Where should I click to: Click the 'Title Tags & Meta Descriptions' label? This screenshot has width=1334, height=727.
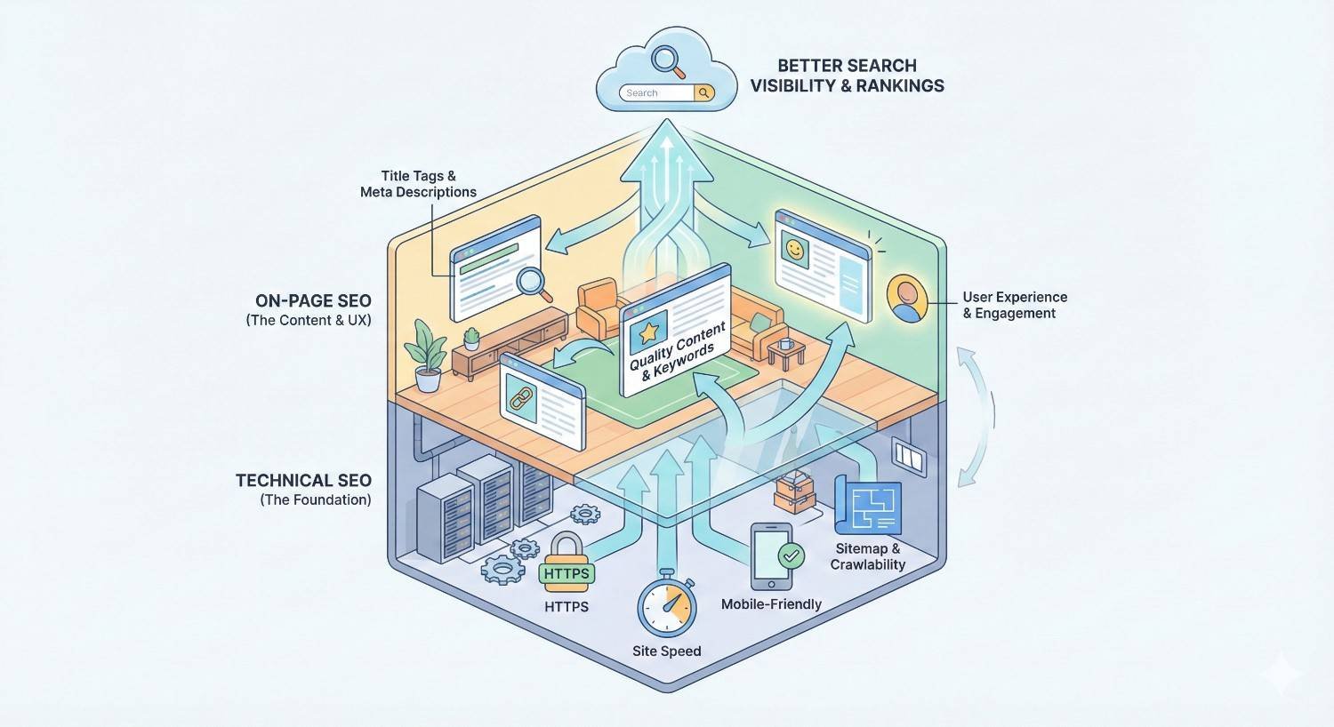pyautogui.click(x=418, y=184)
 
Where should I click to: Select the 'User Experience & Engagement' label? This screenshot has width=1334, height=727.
pyautogui.click(x=1015, y=305)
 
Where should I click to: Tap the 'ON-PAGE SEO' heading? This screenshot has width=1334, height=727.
pyautogui.click(x=313, y=301)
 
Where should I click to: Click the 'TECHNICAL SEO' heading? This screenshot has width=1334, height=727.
pyautogui.click(x=303, y=481)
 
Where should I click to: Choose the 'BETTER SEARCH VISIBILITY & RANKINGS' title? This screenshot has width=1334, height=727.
pyautogui.click(x=847, y=76)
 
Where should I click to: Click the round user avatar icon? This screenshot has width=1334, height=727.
pyautogui.click(x=907, y=298)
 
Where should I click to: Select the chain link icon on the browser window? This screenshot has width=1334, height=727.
pyautogui.click(x=518, y=397)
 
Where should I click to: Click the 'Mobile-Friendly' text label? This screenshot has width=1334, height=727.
pyautogui.click(x=771, y=604)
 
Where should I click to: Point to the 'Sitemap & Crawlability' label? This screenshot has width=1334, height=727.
pyautogui.click(x=867, y=556)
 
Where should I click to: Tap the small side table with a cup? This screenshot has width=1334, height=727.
pyautogui.click(x=785, y=351)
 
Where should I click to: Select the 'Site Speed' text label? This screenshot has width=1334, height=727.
pyautogui.click(x=666, y=651)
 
